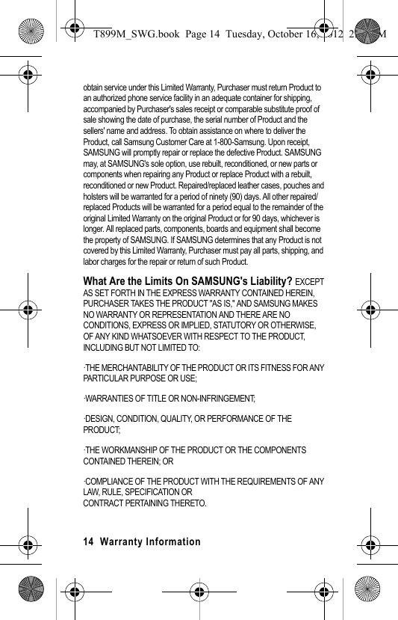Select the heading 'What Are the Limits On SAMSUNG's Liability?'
click(187, 281)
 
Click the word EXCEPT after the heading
click(309, 283)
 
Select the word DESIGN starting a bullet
click(97, 419)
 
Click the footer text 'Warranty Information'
click(150, 541)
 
